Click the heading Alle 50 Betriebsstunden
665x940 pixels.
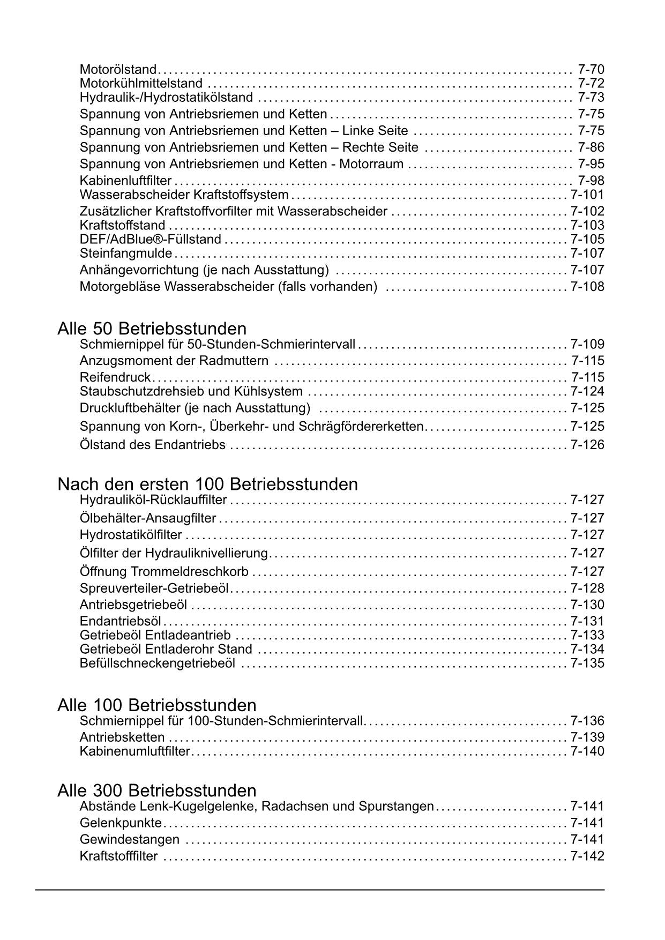pos(152,329)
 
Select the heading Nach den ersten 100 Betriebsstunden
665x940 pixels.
pos(207,484)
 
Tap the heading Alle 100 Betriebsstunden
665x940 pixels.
pos(156,705)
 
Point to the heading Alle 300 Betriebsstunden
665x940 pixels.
pos(156,790)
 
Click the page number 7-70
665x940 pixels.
pos(591,69)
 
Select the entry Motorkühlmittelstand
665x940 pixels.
pos(141,83)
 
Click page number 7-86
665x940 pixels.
pos(591,147)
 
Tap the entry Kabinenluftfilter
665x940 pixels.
pos(125,181)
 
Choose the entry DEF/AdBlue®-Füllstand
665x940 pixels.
pos(150,239)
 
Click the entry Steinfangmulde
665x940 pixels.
pos(126,253)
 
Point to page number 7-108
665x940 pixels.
pos(587,287)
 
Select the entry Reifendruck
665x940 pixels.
pos(115,377)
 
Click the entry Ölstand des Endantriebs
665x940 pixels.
pos(152,445)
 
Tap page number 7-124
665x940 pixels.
pos(587,391)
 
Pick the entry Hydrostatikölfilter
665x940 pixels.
pos(131,535)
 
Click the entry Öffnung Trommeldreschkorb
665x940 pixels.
pos(164,572)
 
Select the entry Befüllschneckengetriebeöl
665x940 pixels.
pos(157,663)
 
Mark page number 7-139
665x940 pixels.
pos(587,737)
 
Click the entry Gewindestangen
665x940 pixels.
pos(129,839)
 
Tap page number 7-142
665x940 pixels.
pos(587,856)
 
